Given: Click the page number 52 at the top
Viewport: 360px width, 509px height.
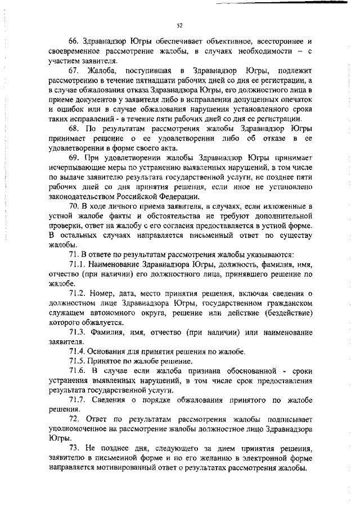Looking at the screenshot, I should click(x=179, y=25).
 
